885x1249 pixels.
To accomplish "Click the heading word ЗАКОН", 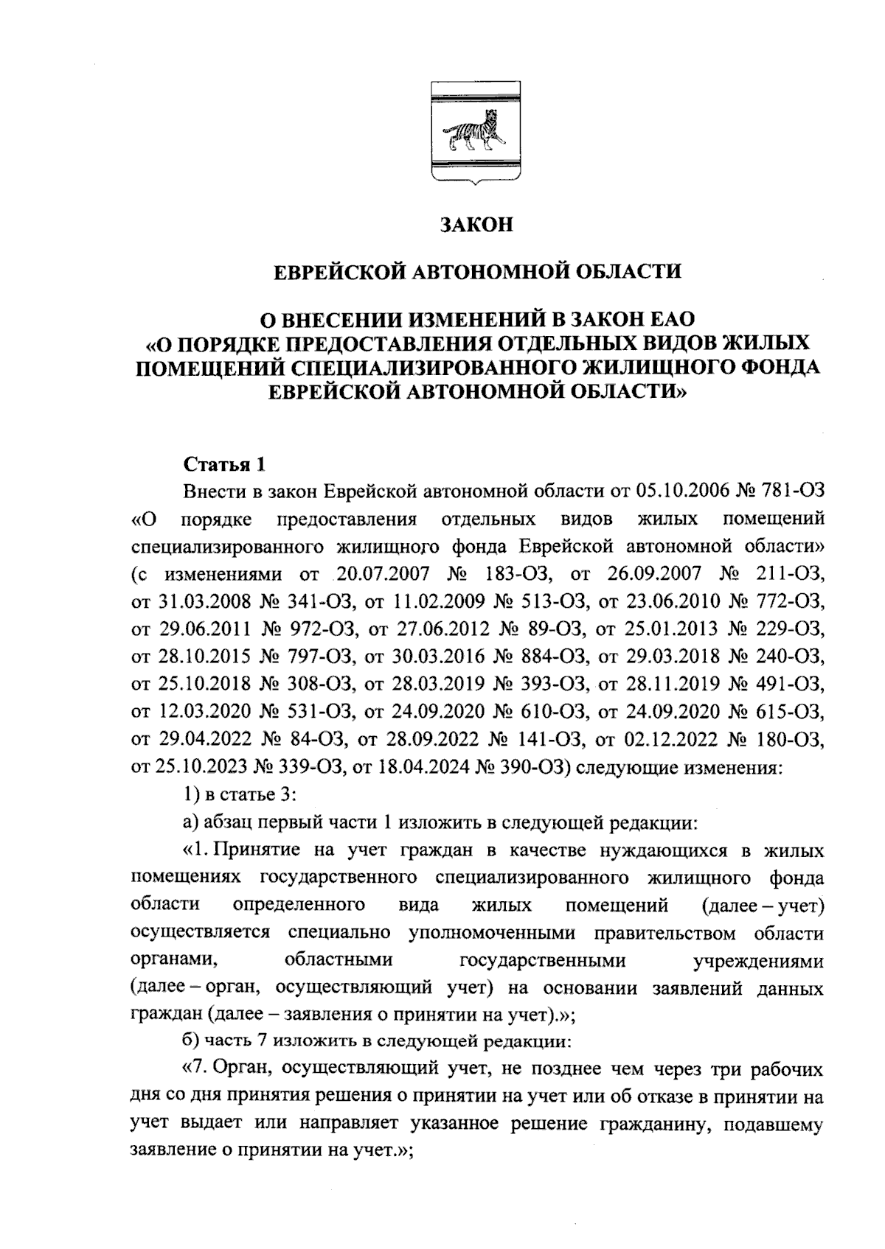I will tap(476, 224).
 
